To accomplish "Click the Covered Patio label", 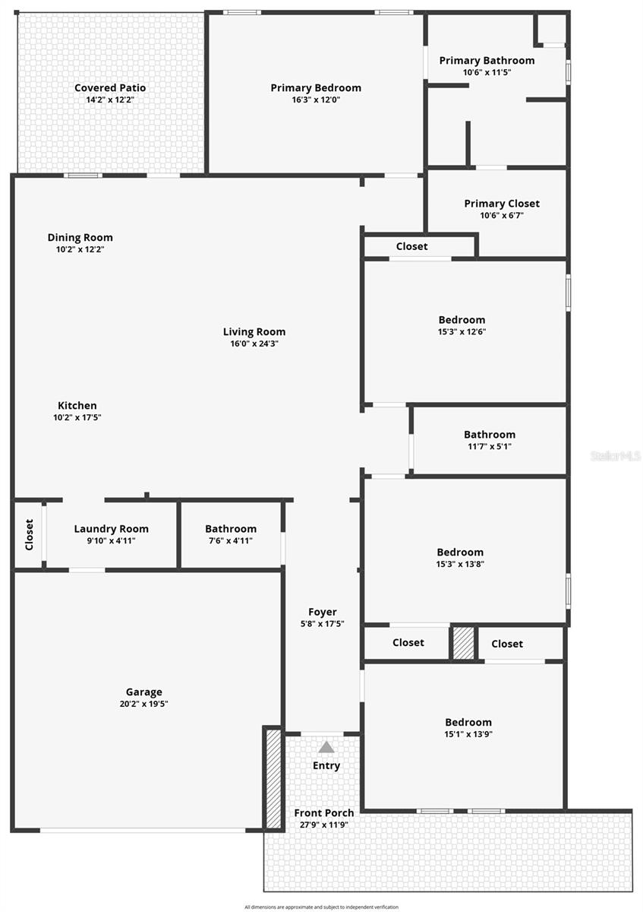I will (x=110, y=88).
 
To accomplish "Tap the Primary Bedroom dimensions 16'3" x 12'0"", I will (x=316, y=100).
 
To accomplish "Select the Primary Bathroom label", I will (x=487, y=61).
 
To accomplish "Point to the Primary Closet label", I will (x=502, y=204).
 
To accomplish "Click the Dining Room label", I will (x=80, y=238).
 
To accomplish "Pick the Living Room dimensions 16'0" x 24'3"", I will (x=254, y=344).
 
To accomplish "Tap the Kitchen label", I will (x=77, y=406).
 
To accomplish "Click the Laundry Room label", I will (x=111, y=529).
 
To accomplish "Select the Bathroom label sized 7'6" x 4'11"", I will (x=231, y=529).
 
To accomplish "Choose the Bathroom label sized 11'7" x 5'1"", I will (x=490, y=435).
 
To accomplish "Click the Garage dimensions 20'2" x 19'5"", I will (x=143, y=704).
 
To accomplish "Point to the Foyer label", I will (x=323, y=612).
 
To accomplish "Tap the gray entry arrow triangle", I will (x=326, y=747).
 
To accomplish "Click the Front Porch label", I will (x=324, y=812).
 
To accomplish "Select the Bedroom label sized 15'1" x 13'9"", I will (x=468, y=722).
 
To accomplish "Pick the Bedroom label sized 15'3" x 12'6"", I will (x=462, y=320).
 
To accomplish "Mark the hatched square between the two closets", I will (x=462, y=643).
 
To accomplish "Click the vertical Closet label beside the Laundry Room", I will (x=29, y=534).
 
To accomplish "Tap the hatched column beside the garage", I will (x=273, y=777).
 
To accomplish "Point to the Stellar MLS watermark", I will (x=616, y=456).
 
